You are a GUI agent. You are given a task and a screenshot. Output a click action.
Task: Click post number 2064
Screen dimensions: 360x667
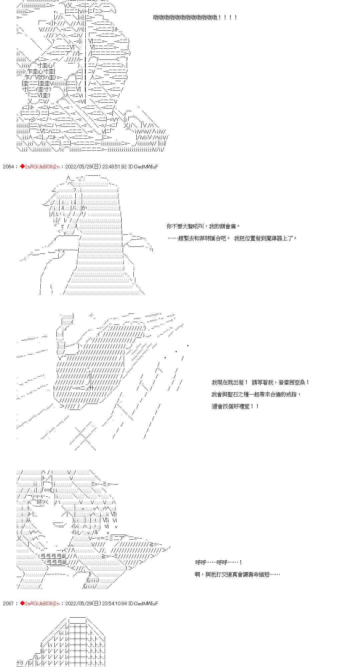click(8, 166)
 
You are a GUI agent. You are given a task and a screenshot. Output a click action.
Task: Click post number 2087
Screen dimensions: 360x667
click(8, 603)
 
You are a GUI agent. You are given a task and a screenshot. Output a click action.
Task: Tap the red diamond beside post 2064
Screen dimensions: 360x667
click(22, 166)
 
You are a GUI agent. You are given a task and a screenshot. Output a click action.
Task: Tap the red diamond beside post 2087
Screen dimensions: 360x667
click(22, 603)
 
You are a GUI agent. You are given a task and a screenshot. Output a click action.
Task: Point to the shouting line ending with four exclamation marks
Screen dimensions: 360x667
click(195, 17)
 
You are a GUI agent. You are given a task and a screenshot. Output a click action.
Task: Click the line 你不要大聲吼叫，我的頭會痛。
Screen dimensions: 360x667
click(203, 226)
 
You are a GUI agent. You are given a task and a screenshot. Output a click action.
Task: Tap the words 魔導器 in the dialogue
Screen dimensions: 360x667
click(274, 238)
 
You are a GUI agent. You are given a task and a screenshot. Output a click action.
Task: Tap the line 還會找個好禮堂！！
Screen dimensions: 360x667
click(235, 407)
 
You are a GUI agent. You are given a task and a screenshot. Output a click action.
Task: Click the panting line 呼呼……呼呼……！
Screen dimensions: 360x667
click(219, 562)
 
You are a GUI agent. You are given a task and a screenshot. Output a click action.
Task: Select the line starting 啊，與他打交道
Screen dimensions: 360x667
click(237, 574)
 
